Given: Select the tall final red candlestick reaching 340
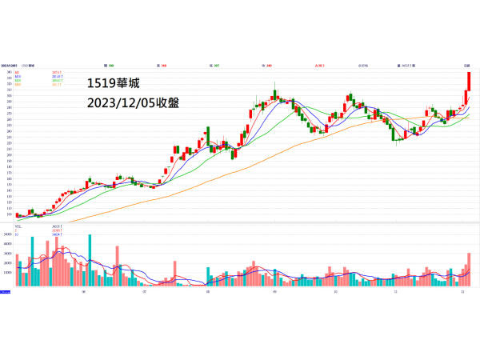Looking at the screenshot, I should (x=469, y=81).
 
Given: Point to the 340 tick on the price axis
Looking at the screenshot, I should (x=7, y=72).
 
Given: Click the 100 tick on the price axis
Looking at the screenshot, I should (x=7, y=214).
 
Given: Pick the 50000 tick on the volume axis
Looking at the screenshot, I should (x=7, y=234).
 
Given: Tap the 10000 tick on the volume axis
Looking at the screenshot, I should (x=7, y=273).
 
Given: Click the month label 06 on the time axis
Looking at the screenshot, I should (x=83, y=292).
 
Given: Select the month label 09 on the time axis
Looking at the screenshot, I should (x=274, y=292).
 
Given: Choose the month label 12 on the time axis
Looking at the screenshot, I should (x=462, y=292).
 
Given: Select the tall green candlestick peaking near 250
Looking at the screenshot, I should (x=208, y=136).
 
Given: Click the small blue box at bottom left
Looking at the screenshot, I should (x=6, y=292).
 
